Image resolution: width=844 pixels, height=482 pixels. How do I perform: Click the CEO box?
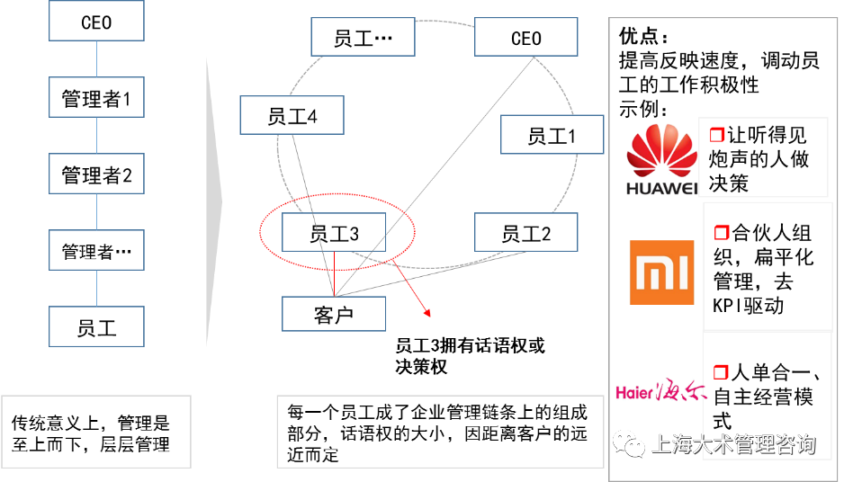tap(525, 38)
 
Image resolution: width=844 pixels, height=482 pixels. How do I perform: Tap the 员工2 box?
tap(525, 234)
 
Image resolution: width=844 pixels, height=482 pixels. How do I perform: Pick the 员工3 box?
tap(334, 233)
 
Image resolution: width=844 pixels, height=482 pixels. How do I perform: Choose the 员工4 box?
tap(292, 116)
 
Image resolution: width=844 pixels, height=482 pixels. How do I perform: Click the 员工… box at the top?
tap(363, 38)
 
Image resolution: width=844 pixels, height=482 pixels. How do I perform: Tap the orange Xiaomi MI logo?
tap(661, 272)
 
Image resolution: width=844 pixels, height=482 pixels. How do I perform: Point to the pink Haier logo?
tap(660, 391)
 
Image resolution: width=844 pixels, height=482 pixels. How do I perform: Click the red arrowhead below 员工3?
tap(427, 312)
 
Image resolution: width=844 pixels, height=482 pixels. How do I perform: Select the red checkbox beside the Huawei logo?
tap(717, 135)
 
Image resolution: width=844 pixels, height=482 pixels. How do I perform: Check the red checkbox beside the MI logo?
tap(722, 233)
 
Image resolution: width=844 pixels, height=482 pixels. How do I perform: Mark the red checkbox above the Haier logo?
tap(720, 371)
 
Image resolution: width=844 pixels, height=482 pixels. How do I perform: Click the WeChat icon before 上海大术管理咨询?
tap(629, 443)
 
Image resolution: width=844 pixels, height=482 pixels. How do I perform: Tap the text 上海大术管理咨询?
tap(732, 444)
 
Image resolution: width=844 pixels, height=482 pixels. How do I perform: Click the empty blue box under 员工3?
tap(334, 314)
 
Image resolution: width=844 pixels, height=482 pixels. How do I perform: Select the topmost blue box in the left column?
tap(96, 21)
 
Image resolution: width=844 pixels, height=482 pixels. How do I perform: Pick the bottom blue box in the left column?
tap(96, 326)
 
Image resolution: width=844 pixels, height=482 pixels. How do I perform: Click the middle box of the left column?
tap(96, 174)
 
